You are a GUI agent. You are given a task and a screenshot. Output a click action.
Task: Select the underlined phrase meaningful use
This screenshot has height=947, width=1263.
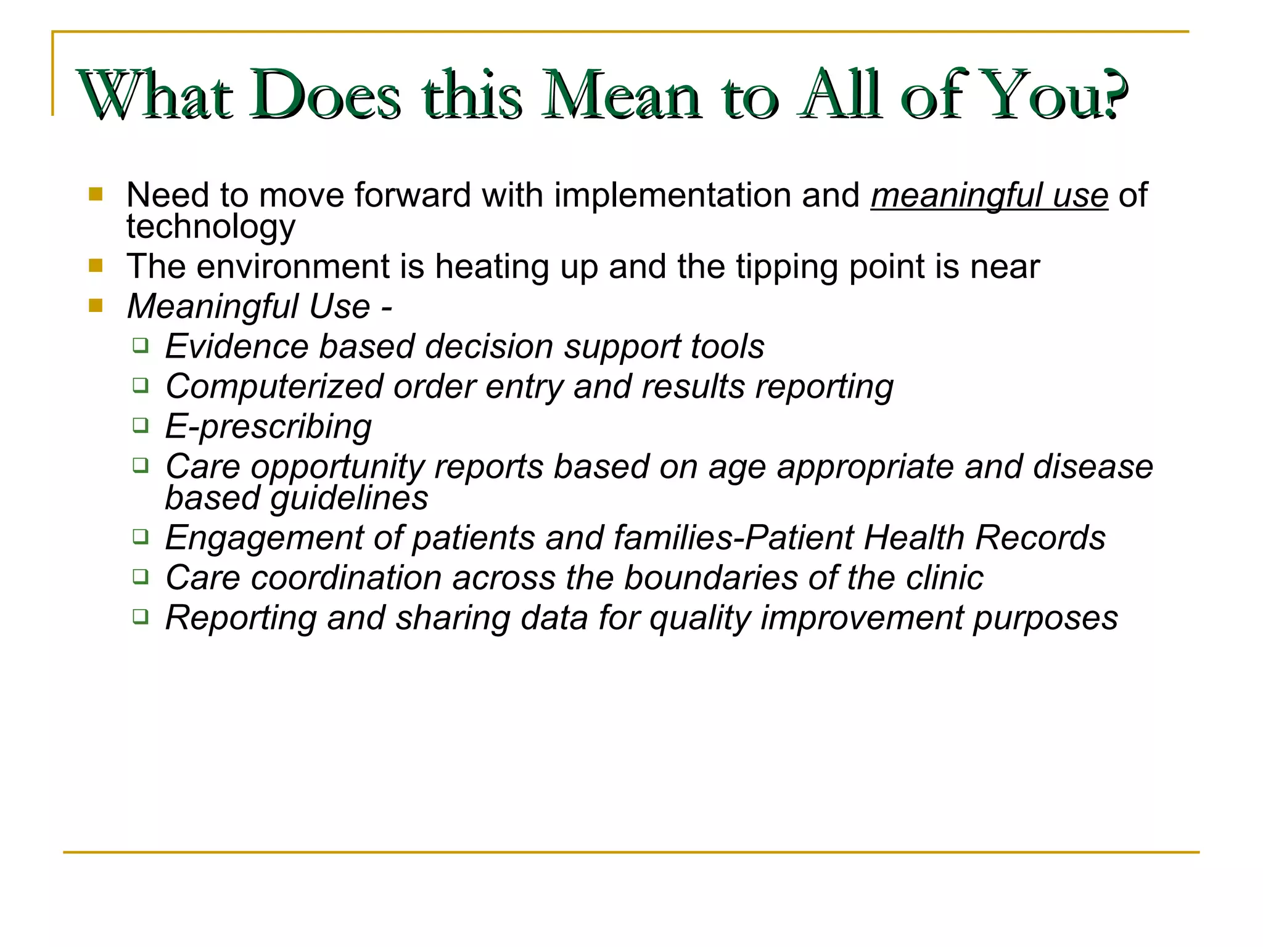point(989,195)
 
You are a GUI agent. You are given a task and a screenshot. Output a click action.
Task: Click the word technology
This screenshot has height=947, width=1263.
point(211,227)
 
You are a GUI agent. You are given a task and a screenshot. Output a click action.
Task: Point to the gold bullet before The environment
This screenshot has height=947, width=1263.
point(96,266)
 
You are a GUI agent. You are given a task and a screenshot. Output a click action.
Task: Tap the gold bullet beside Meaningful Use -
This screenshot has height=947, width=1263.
point(96,306)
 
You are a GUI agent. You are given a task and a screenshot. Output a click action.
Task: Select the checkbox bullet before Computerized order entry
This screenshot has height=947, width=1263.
point(141,385)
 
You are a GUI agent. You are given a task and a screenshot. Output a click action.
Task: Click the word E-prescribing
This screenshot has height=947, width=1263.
point(268,427)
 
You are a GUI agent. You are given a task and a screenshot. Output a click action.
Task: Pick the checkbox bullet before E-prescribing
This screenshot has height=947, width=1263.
point(141,425)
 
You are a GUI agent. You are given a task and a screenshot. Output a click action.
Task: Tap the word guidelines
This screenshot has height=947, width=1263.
point(349,498)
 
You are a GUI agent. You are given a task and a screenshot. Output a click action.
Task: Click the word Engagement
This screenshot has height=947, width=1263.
point(264,538)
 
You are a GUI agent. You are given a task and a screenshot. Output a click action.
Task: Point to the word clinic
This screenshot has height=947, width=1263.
point(944,578)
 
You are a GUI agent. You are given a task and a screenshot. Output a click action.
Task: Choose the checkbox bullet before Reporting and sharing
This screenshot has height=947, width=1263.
point(141,617)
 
